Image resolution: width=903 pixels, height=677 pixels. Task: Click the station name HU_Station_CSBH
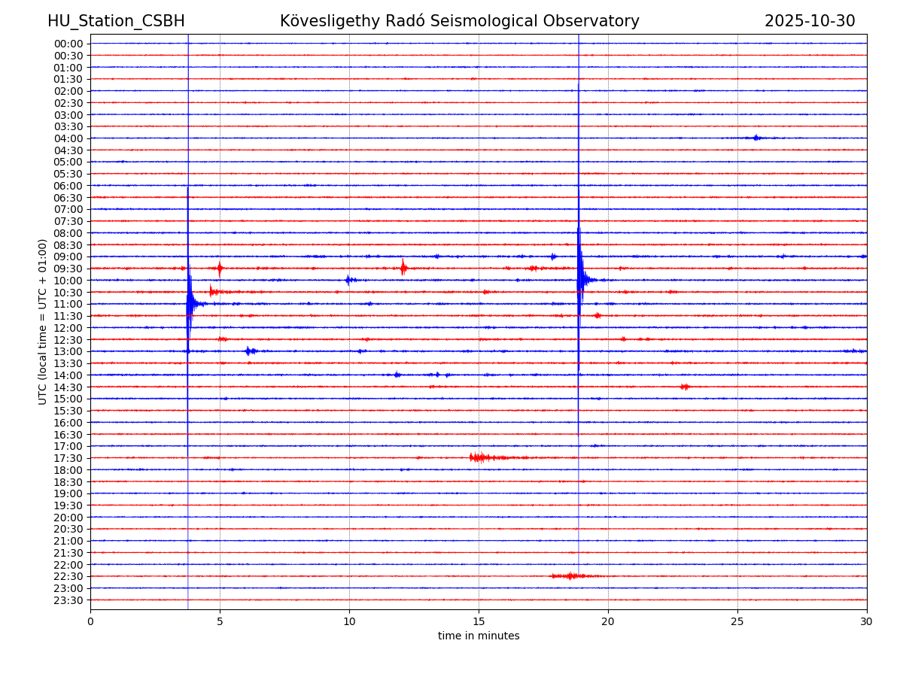coord(116,21)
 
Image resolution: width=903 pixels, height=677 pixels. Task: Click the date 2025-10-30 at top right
coord(810,21)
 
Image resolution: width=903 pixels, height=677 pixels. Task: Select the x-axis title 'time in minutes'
coord(479,636)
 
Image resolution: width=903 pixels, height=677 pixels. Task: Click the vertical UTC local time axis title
coord(43,321)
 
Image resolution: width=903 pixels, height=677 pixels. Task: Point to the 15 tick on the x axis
coord(479,621)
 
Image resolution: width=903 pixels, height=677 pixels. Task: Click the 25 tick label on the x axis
coord(737,621)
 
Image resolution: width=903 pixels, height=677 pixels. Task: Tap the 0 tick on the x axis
coord(90,621)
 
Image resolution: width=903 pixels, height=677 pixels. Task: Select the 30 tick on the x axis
coord(867,621)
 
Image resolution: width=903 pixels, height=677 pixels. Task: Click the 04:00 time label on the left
coord(68,138)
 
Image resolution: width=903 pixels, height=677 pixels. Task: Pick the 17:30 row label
coord(68,458)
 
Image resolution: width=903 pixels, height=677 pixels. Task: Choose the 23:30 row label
coord(68,600)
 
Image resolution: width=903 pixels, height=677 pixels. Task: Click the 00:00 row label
coord(68,44)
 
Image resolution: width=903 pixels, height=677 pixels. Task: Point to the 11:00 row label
coord(68,304)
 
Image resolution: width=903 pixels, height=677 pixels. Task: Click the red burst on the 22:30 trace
coord(570,576)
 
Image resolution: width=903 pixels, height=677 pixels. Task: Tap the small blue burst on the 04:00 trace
coord(756,138)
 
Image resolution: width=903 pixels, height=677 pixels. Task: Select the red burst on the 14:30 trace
coord(685,387)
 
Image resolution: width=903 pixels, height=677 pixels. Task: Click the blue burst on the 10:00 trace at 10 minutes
coord(348,280)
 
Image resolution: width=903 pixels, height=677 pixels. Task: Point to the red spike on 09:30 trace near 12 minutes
coord(403,267)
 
